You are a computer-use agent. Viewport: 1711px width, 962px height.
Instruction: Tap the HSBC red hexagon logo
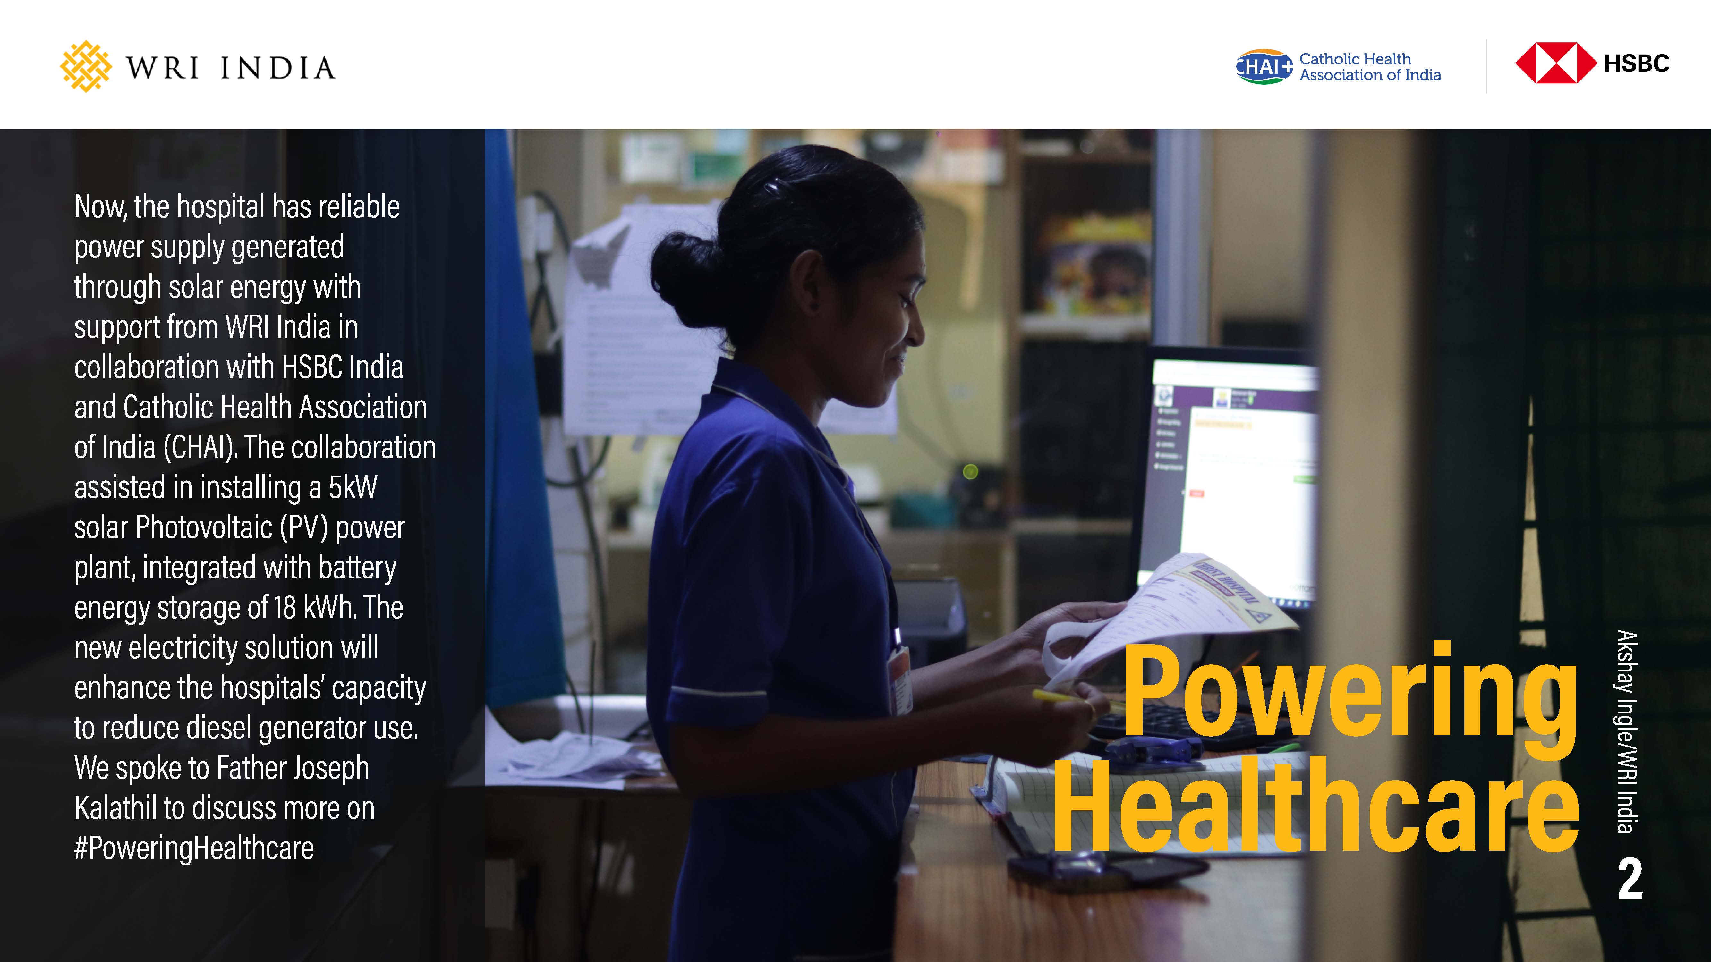click(x=1555, y=63)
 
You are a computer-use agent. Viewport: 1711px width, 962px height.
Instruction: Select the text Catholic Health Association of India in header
click(x=1370, y=67)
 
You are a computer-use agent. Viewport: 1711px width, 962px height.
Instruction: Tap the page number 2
click(x=1630, y=878)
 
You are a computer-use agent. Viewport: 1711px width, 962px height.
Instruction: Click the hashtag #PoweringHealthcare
click(x=194, y=848)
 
